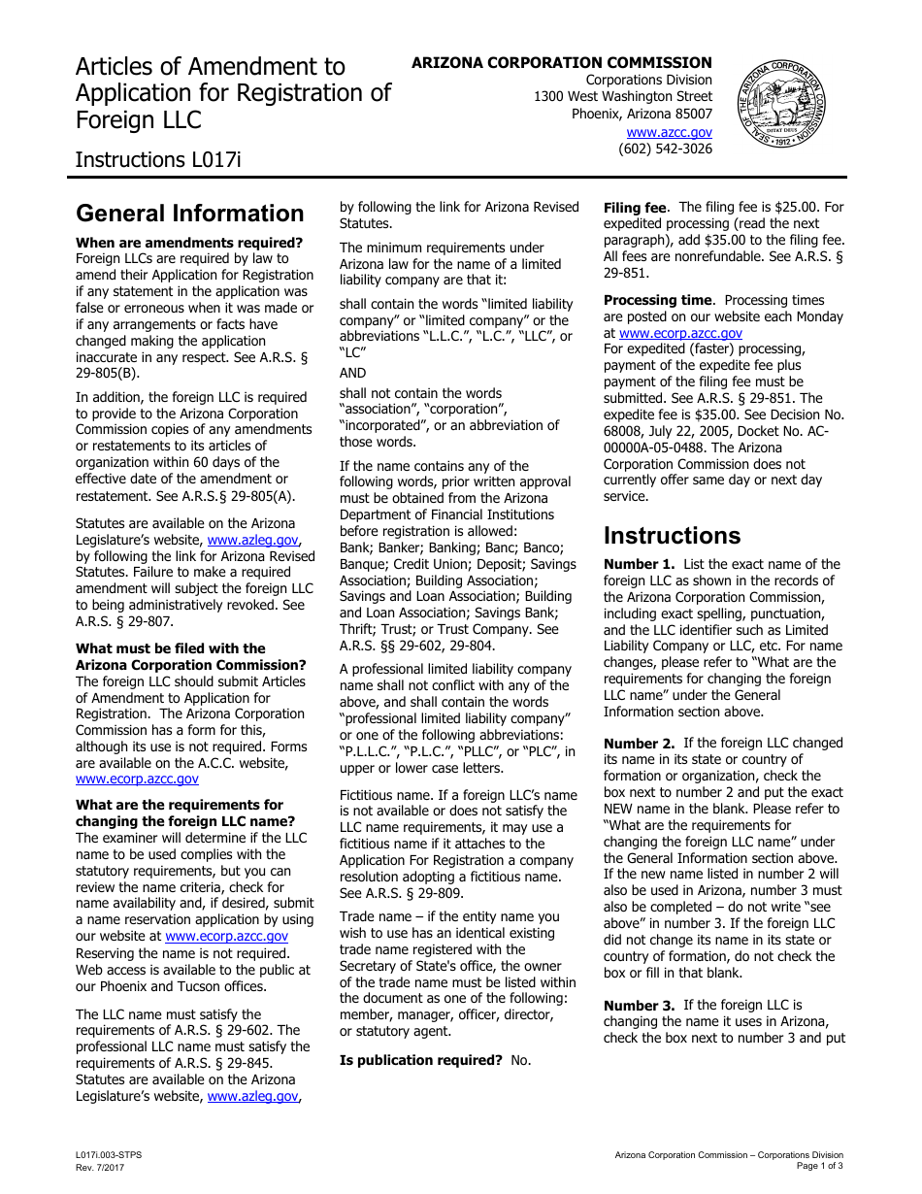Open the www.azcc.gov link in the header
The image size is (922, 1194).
669,132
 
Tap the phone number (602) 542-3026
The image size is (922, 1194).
665,149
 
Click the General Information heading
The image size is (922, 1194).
190,214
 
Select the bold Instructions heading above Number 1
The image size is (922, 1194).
672,536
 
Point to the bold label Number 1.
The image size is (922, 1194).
639,564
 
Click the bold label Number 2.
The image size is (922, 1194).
639,744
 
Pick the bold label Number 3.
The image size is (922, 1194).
639,1006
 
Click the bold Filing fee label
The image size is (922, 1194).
635,208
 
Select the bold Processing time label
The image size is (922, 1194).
658,300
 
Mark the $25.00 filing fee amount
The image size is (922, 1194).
798,207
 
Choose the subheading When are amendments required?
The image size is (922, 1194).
189,243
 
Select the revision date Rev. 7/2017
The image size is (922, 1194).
100,1167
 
